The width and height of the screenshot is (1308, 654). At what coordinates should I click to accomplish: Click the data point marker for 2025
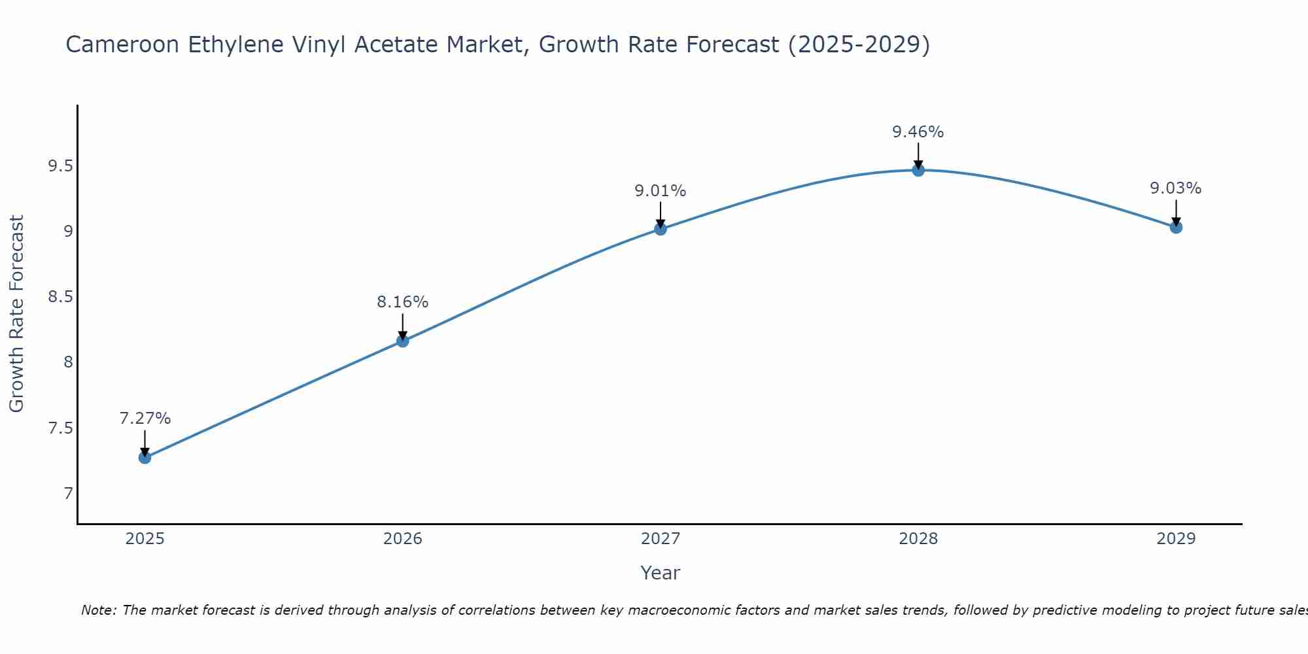[x=145, y=457]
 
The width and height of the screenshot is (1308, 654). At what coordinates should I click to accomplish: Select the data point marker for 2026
[x=402, y=341]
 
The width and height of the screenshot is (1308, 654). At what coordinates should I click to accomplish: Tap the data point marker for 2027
[x=660, y=229]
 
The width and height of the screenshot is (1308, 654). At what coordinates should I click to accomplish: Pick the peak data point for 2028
[x=918, y=170]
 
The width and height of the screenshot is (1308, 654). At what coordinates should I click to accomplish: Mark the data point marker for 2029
[x=1176, y=227]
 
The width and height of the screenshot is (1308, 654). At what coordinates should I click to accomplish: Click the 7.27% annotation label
[x=145, y=419]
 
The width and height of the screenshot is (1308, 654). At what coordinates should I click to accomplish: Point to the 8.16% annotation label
[x=402, y=302]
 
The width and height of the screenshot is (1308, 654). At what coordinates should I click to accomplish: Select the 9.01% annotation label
[x=660, y=191]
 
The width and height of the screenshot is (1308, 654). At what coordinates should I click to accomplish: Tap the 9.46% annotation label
[x=918, y=132]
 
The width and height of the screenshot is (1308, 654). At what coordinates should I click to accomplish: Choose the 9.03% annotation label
[x=1176, y=188]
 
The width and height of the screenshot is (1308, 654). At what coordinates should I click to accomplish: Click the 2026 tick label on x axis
[x=402, y=539]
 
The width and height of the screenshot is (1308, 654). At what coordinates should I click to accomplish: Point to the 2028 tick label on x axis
[x=918, y=539]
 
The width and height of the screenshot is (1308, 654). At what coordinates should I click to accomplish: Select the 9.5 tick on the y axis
[x=60, y=166]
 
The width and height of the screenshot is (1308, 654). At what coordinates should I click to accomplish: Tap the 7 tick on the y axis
[x=68, y=493]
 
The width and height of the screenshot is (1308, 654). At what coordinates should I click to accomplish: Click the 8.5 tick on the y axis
[x=60, y=297]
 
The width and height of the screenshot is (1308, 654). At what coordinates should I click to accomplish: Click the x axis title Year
[x=660, y=573]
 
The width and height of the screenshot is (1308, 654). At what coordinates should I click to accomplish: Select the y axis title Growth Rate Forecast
[x=17, y=314]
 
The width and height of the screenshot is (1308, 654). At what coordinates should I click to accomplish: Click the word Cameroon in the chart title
[x=123, y=45]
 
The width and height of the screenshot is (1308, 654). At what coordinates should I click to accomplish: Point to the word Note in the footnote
[x=98, y=610]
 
